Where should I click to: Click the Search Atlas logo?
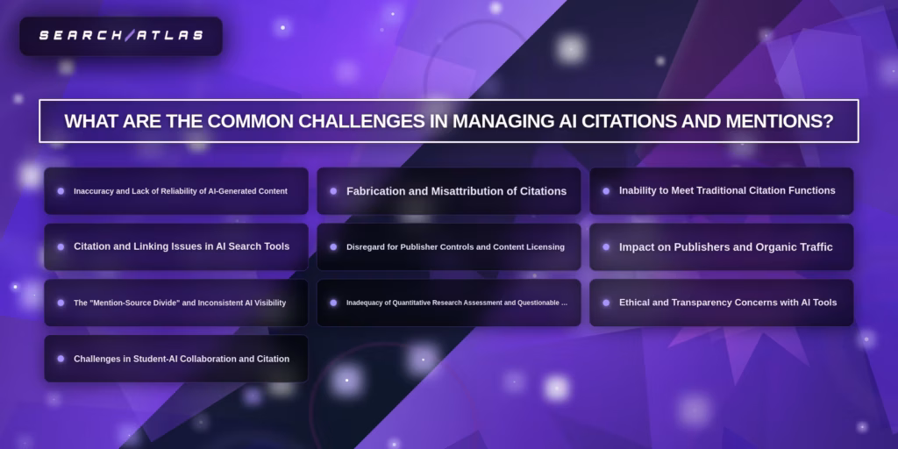tap(121, 36)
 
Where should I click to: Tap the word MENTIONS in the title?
tap(771, 121)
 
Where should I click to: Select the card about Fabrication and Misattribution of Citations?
tap(449, 191)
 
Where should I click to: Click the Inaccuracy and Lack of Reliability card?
tap(176, 191)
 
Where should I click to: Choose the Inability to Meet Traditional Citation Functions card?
tap(721, 191)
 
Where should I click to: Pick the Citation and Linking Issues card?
tap(176, 247)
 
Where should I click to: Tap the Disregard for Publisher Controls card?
tap(449, 247)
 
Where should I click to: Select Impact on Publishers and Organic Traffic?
tap(721, 247)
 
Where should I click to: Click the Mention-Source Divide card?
tap(176, 303)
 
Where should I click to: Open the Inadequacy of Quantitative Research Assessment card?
tap(449, 303)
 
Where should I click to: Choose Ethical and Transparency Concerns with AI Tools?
tap(721, 303)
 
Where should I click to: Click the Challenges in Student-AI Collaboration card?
tap(176, 359)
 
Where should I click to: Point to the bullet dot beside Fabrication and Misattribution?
tap(333, 191)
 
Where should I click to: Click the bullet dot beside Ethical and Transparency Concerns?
tap(606, 303)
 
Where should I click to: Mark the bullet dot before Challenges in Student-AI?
tap(61, 359)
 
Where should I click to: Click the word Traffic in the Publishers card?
tap(813, 247)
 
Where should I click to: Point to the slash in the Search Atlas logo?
tap(129, 36)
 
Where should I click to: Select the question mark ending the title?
tap(828, 121)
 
